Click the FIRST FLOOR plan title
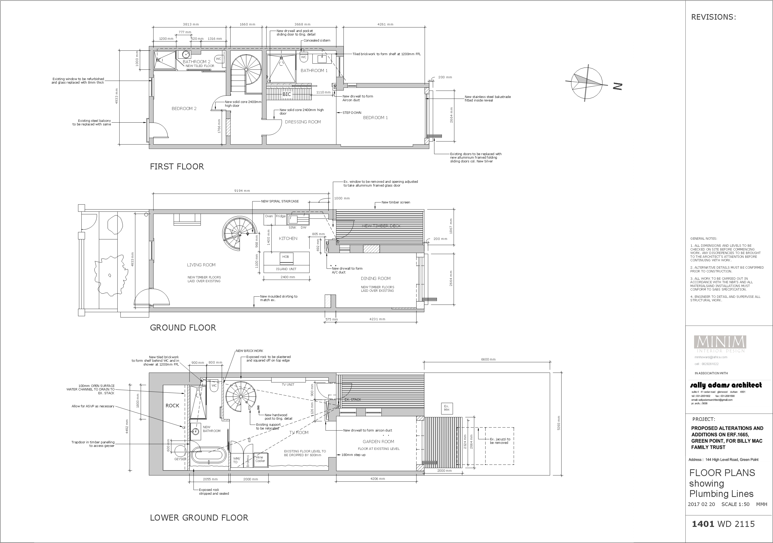click(x=177, y=167)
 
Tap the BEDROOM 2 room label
click(x=184, y=108)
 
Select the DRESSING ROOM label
click(x=303, y=122)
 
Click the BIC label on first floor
click(x=286, y=94)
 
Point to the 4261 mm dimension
click(x=385, y=24)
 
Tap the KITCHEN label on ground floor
click(x=288, y=238)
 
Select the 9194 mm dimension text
click(x=242, y=191)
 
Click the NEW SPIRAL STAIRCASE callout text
click(x=280, y=201)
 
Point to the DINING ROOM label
click(x=375, y=278)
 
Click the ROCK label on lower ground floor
click(x=172, y=405)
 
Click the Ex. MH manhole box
click(x=446, y=408)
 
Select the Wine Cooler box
click(x=260, y=459)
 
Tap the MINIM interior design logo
click(x=720, y=344)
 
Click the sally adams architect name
click(x=726, y=385)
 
